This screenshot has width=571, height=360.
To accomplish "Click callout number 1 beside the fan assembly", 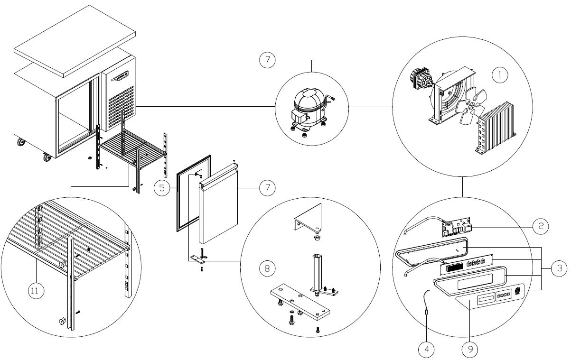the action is (x=500, y=74).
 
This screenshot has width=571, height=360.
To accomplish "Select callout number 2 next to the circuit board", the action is (x=541, y=226).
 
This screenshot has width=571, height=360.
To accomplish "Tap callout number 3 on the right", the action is (x=559, y=268).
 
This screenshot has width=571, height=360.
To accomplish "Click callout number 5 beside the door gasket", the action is (x=162, y=188).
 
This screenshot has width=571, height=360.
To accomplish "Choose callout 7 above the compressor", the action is (x=267, y=60).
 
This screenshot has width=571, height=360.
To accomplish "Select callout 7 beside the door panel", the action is (x=267, y=188).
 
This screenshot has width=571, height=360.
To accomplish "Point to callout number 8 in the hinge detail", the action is (x=267, y=268).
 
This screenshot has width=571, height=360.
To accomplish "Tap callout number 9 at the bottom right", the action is (x=470, y=349).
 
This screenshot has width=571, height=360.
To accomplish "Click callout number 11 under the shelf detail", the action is (x=36, y=291).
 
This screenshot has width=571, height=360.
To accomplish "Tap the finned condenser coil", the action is (x=496, y=128).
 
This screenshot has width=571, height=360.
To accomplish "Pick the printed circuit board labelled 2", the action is (x=456, y=227).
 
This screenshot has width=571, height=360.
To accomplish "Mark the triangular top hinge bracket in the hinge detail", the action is (x=308, y=218).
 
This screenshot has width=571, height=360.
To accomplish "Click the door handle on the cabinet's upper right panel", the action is (x=120, y=76).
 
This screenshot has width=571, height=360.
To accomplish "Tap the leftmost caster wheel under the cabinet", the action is (x=21, y=142).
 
